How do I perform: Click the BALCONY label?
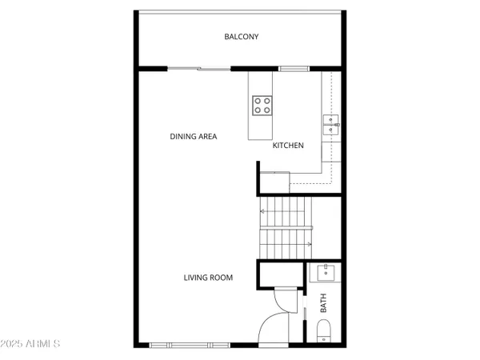pyautogui.click(x=241, y=37)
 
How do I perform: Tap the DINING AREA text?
pyautogui.click(x=193, y=136)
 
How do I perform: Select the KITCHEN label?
pyautogui.click(x=288, y=146)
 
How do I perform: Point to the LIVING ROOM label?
pyautogui.click(x=208, y=278)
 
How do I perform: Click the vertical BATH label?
pyautogui.click(x=324, y=303)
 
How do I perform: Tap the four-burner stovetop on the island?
pyautogui.click(x=262, y=103)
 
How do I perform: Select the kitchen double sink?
pyautogui.click(x=331, y=123)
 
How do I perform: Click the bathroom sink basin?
pyautogui.click(x=326, y=273)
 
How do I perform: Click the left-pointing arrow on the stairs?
pyautogui.click(x=262, y=210)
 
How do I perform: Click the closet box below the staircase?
pyautogui.click(x=280, y=274)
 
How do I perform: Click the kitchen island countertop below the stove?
pyautogui.click(x=260, y=127)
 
